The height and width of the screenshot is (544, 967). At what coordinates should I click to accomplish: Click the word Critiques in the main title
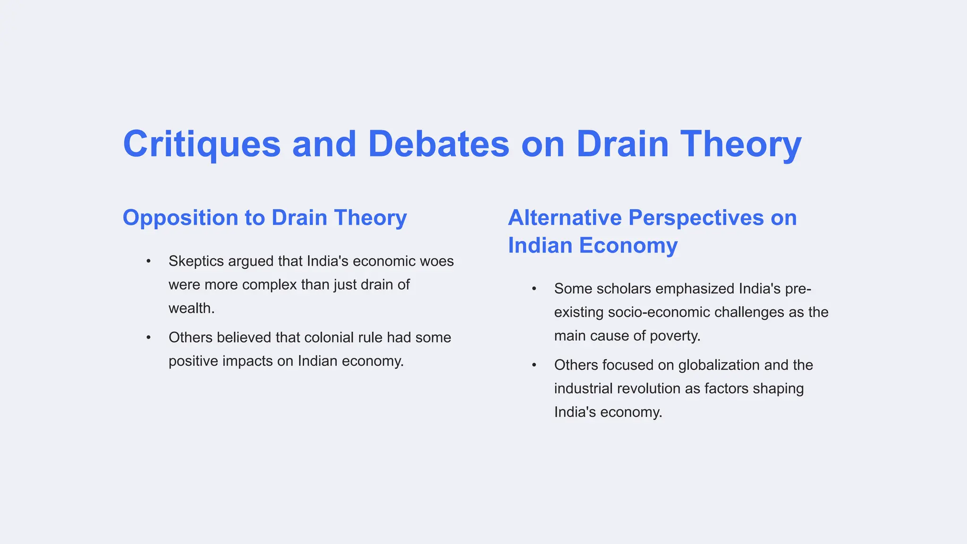[202, 144]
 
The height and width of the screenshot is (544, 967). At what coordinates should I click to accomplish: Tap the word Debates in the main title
[438, 144]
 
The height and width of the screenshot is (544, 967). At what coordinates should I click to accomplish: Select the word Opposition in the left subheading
[180, 218]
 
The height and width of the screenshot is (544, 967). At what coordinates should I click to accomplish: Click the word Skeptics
[196, 261]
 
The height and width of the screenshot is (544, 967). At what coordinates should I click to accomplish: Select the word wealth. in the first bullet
[191, 308]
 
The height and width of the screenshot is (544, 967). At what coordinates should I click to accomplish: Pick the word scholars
[622, 289]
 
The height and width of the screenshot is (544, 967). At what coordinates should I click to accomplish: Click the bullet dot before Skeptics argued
[148, 261]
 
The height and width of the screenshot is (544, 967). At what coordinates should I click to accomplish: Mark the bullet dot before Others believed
[148, 338]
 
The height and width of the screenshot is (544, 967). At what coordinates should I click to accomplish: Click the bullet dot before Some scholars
[534, 289]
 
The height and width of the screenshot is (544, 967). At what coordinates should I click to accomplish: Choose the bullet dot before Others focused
[534, 365]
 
